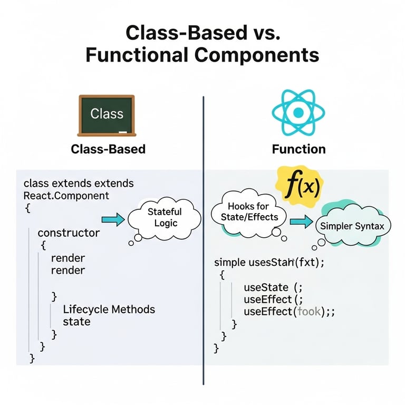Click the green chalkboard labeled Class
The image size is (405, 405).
[107, 114]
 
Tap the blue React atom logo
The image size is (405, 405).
[298, 112]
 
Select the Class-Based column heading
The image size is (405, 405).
[108, 149]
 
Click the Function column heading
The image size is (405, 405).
[298, 149]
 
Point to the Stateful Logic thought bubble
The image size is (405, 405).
[164, 217]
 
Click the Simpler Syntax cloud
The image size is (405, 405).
[353, 226]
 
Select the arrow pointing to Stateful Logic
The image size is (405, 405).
[111, 218]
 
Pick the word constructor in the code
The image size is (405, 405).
[69, 232]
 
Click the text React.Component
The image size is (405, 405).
[66, 196]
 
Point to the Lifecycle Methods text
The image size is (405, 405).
[109, 309]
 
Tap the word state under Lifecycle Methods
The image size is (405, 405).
[76, 322]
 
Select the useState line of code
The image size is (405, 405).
[273, 287]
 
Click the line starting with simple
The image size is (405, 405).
[269, 262]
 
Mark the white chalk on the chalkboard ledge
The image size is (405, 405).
[123, 131]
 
